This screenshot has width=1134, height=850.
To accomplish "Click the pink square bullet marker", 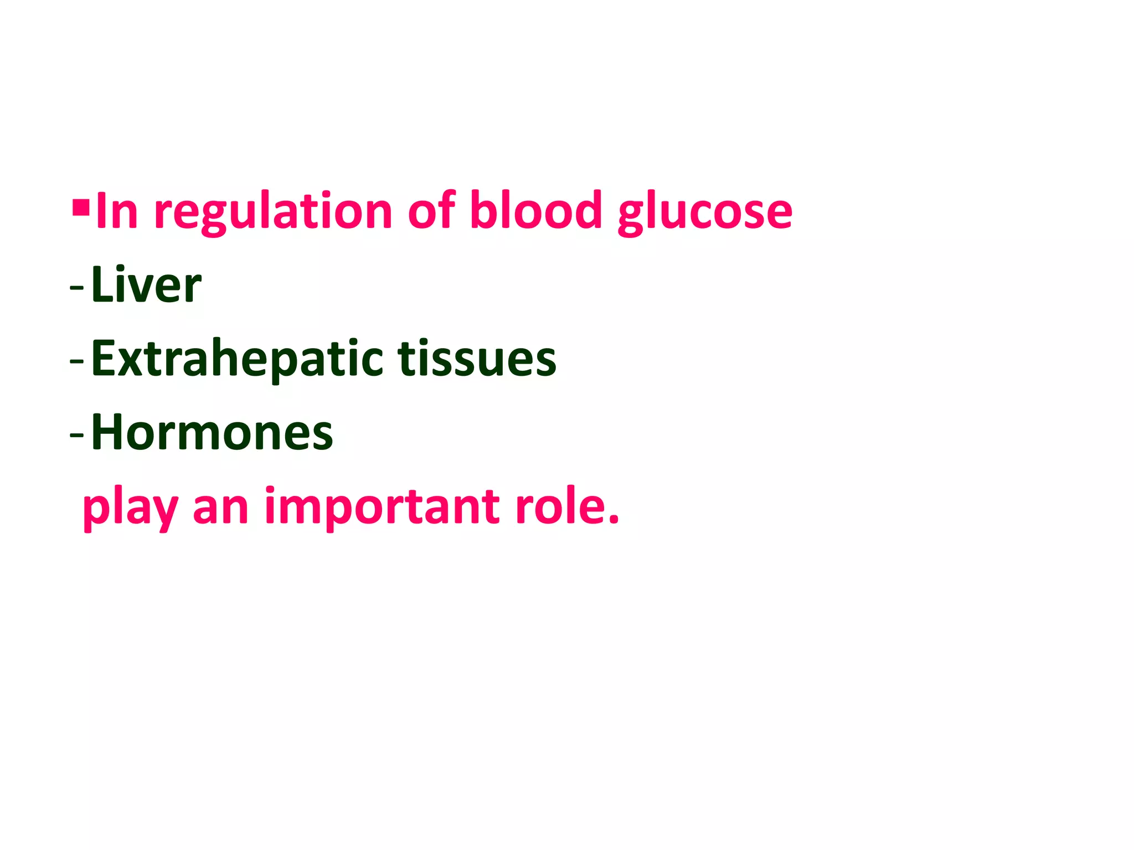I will [x=81, y=208].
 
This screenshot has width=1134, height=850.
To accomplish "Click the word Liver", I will [x=146, y=285].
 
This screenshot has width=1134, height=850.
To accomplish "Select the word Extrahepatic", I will [x=237, y=360].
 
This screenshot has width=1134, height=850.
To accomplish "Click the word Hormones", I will [x=212, y=432].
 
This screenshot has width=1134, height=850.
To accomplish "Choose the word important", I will [x=382, y=508].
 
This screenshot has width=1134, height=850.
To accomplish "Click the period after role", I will [x=613, y=520].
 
